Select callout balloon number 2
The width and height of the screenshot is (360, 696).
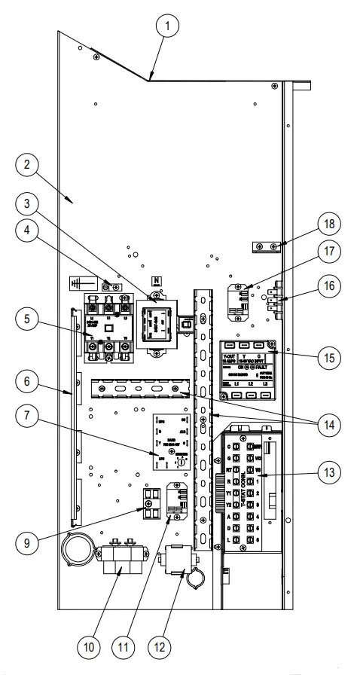(28, 165)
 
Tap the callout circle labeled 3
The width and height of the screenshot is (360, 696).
(28, 203)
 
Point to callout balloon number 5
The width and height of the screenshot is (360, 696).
(28, 320)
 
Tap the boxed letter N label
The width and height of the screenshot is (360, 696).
(157, 280)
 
